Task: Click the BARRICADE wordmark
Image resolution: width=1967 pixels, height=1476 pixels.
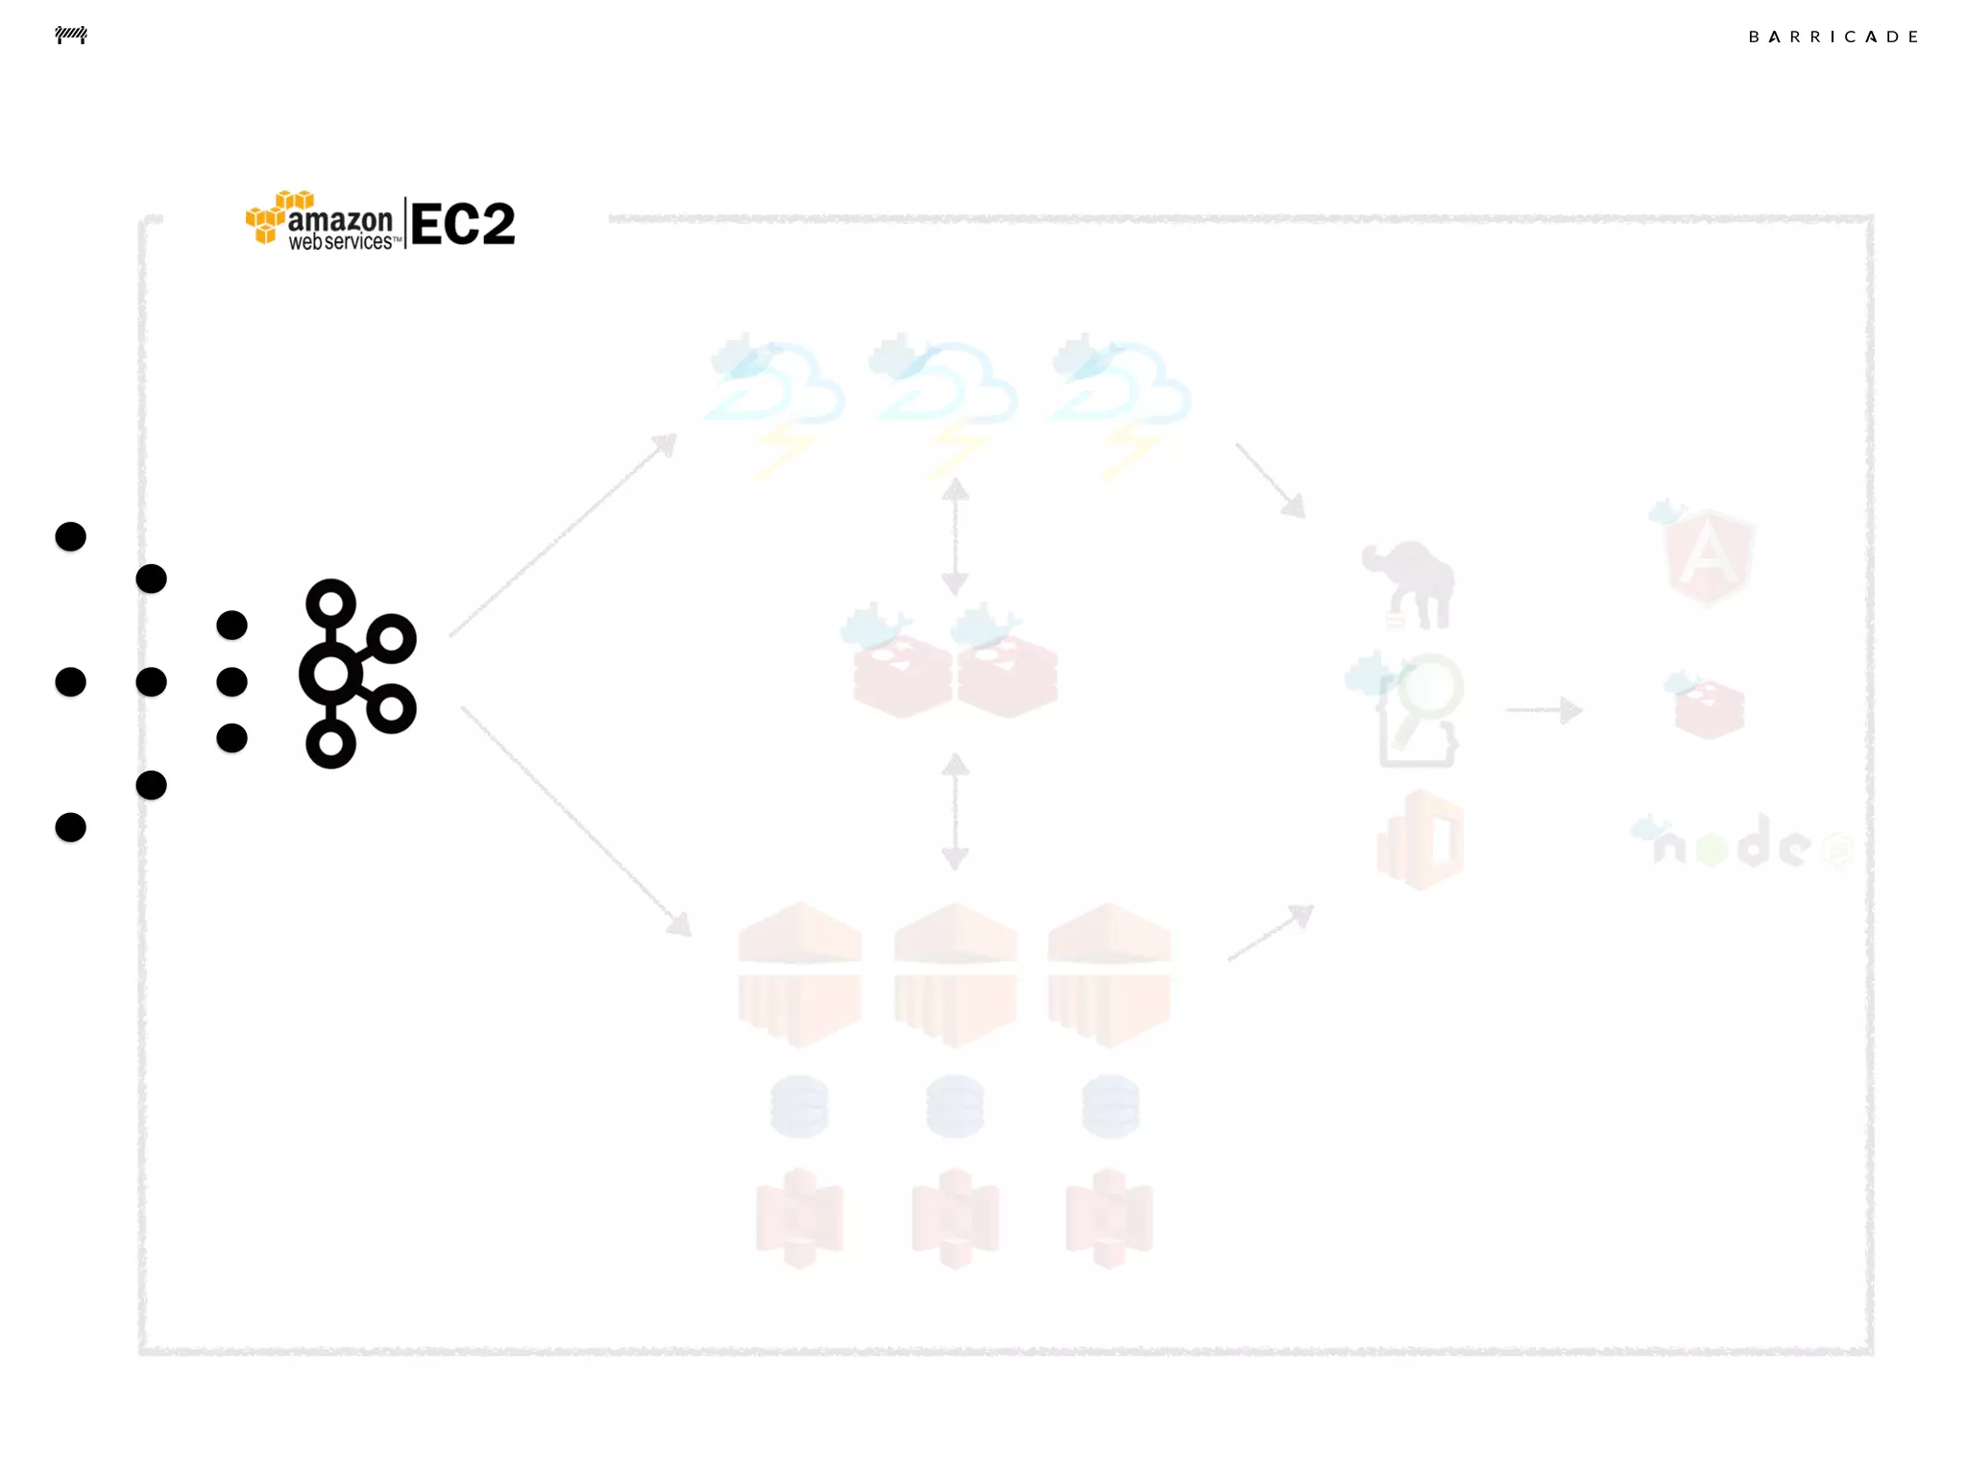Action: click(x=1833, y=37)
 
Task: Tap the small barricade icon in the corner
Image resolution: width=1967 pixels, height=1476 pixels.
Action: click(x=71, y=36)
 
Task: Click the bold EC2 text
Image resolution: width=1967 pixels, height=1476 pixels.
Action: click(x=463, y=225)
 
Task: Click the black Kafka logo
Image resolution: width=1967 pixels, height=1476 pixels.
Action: click(x=357, y=674)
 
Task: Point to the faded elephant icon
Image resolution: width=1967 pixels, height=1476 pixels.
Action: click(x=1409, y=584)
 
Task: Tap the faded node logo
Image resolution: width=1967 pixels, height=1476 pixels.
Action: click(x=1738, y=843)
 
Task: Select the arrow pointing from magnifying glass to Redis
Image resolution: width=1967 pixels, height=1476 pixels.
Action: click(x=1543, y=710)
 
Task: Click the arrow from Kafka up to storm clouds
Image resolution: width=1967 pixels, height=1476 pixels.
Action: click(x=563, y=534)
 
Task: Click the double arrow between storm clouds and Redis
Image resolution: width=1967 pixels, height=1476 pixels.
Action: click(x=955, y=536)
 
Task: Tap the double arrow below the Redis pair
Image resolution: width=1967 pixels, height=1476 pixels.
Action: click(x=955, y=812)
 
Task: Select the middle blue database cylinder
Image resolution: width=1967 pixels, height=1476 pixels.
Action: click(x=955, y=1106)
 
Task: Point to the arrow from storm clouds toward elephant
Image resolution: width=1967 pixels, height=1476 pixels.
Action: click(x=1271, y=480)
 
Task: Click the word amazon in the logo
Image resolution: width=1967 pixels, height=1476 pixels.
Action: click(x=340, y=220)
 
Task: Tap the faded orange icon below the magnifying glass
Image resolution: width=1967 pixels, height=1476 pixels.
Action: click(x=1421, y=840)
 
